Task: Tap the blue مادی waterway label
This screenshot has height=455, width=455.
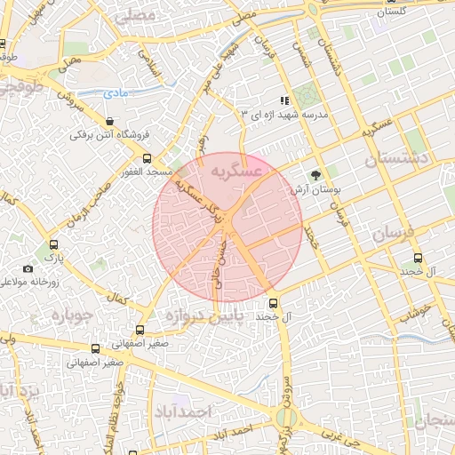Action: click(x=116, y=92)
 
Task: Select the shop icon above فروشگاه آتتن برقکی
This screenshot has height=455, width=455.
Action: click(x=109, y=121)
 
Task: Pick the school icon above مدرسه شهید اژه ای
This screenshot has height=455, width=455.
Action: click(x=283, y=101)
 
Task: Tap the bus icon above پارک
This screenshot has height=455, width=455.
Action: click(x=53, y=245)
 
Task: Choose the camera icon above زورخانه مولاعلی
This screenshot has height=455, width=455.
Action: click(x=28, y=268)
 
